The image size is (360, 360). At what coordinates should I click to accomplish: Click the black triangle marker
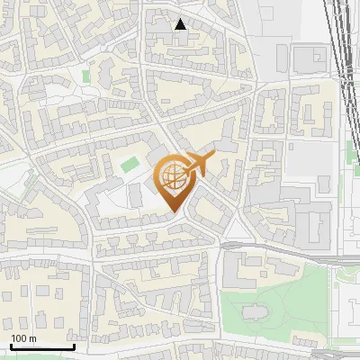(x=181, y=24)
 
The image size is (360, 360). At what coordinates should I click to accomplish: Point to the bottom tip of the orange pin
(x=173, y=212)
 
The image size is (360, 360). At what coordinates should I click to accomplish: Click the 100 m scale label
(x=23, y=338)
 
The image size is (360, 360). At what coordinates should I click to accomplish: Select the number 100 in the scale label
(x=19, y=338)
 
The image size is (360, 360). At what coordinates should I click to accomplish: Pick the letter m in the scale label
(x=32, y=338)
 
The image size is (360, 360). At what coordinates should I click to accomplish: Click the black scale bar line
(x=42, y=346)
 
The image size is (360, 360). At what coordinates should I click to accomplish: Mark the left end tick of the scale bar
(x=10, y=345)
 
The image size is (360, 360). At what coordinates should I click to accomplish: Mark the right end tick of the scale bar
(x=74, y=345)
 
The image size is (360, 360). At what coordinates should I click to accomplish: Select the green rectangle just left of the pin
(x=130, y=165)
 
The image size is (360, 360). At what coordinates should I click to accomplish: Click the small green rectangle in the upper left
(x=87, y=77)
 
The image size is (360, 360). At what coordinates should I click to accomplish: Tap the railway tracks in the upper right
(x=342, y=54)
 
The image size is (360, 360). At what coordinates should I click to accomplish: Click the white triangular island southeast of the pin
(x=237, y=231)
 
